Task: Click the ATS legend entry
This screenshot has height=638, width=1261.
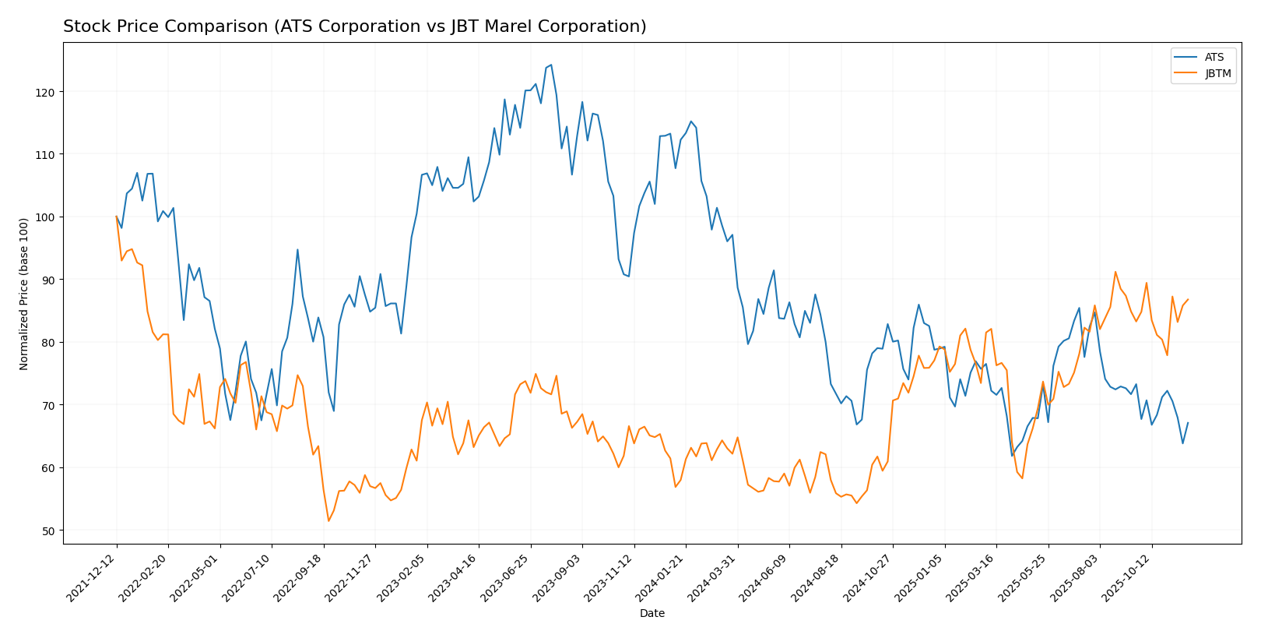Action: point(1214,58)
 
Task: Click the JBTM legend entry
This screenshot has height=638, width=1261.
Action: point(1217,74)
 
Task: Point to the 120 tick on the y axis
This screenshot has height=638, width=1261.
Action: point(47,92)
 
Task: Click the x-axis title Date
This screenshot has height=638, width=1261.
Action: point(652,614)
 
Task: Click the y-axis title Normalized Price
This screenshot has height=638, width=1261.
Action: point(24,294)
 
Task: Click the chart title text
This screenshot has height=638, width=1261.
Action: point(354,26)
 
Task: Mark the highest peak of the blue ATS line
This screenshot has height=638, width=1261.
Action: point(551,65)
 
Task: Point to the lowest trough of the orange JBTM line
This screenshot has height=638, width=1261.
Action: point(328,520)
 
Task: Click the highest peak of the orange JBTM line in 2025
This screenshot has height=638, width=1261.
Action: point(1115,272)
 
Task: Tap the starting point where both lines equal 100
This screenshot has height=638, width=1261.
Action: point(117,217)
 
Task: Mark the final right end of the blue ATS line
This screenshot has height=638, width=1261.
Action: point(1188,423)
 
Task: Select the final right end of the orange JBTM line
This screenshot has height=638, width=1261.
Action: point(1188,299)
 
